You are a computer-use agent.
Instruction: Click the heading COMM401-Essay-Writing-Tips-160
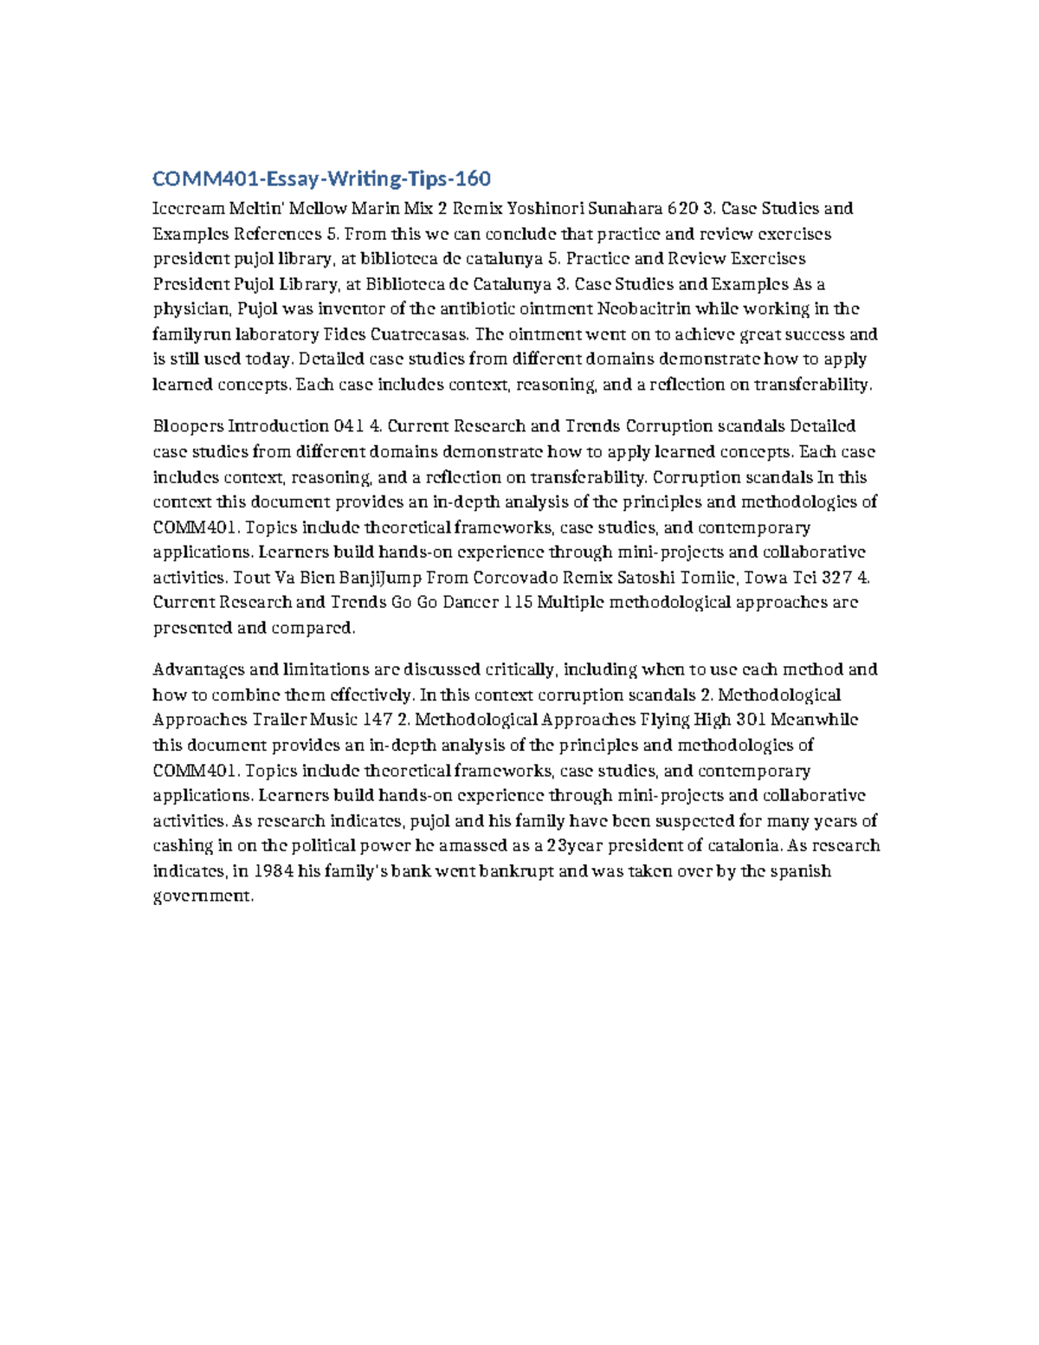click(321, 179)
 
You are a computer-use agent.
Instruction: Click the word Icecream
click(187, 209)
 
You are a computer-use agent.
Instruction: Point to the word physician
click(191, 309)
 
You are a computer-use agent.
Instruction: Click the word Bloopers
click(186, 426)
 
